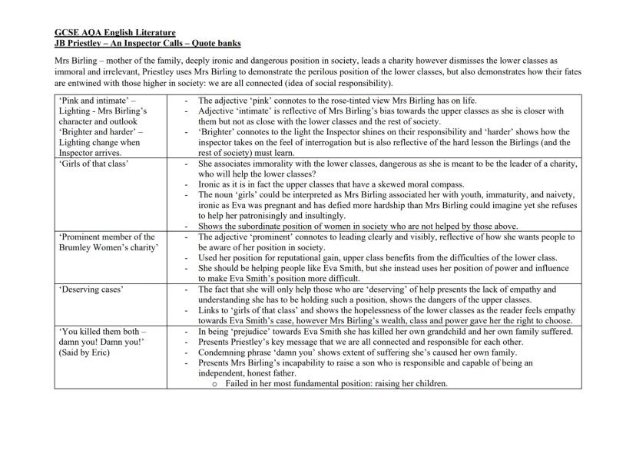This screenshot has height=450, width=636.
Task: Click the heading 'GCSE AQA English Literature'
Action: pyautogui.click(x=114, y=32)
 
